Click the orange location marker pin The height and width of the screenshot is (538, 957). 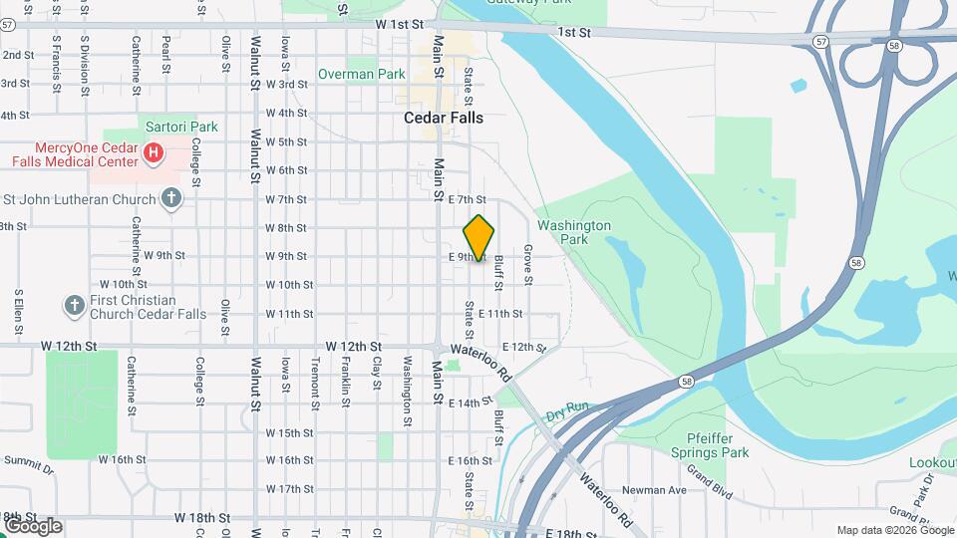(x=479, y=238)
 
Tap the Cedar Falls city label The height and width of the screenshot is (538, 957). (x=444, y=118)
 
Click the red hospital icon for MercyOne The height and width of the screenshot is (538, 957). (x=154, y=153)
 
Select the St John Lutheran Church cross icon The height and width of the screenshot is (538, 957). (x=171, y=198)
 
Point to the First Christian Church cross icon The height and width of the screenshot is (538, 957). (x=75, y=306)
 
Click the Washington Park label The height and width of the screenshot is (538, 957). (x=573, y=232)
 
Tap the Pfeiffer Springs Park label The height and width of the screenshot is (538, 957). (x=718, y=445)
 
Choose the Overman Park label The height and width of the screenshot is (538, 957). (x=362, y=74)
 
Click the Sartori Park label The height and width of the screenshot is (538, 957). (x=181, y=127)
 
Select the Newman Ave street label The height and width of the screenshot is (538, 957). (x=655, y=489)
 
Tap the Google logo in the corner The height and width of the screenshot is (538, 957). (x=33, y=525)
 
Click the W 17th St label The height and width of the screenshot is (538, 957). (x=290, y=488)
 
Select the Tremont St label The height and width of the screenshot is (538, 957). (x=315, y=382)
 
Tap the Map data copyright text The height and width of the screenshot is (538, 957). (x=894, y=530)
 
